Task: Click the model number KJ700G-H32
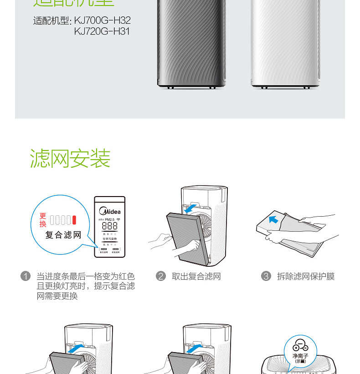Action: pyautogui.click(x=102, y=21)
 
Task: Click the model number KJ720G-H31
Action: pyautogui.click(x=102, y=31)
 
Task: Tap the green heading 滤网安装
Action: pyautogui.click(x=70, y=159)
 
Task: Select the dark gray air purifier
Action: pyautogui.click(x=191, y=43)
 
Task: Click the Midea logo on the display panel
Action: pyautogui.click(x=110, y=211)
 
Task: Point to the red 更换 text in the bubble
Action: pyautogui.click(x=43, y=220)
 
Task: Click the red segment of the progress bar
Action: pyautogui.click(x=74, y=220)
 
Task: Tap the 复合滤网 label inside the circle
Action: pyautogui.click(x=63, y=235)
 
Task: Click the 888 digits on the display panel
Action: pyautogui.click(x=109, y=226)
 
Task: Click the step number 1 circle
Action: pyautogui.click(x=26, y=276)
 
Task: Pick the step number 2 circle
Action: pyautogui.click(x=160, y=276)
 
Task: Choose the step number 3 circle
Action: pyautogui.click(x=266, y=276)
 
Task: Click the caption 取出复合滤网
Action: pyautogui.click(x=196, y=276)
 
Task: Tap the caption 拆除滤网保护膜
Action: pyautogui.click(x=306, y=276)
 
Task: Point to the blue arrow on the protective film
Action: pyautogui.click(x=273, y=220)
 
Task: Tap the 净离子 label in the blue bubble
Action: pyautogui.click(x=300, y=356)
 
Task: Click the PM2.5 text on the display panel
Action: pyautogui.click(x=109, y=219)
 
